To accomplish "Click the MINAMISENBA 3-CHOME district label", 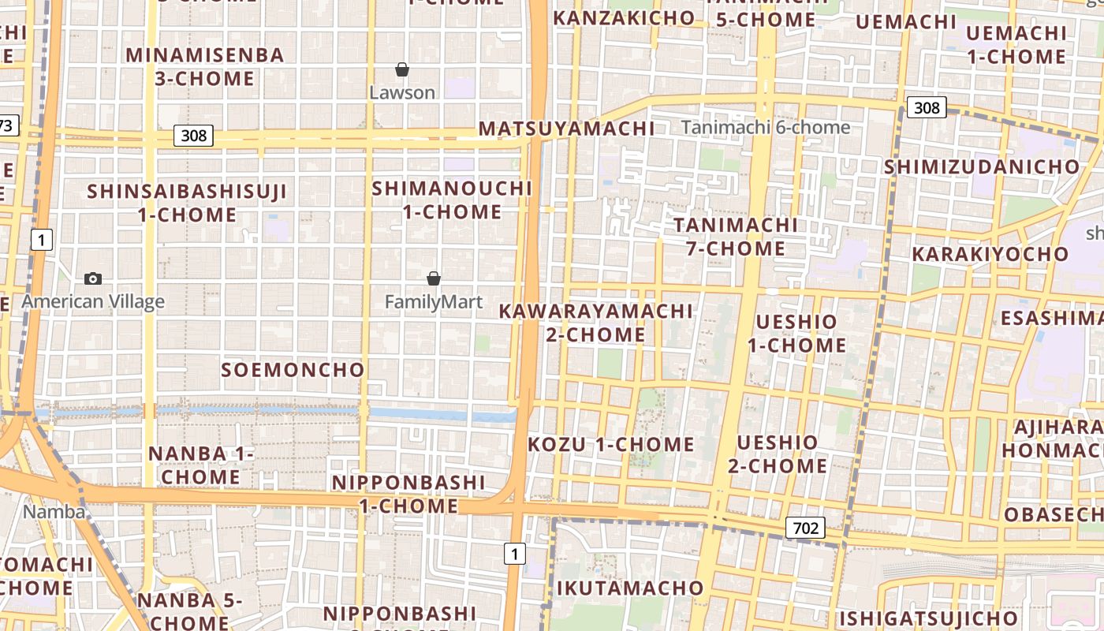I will [x=204, y=66].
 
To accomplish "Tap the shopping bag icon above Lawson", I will [x=402, y=69].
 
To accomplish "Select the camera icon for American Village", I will [x=93, y=278].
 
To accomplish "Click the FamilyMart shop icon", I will [x=434, y=278].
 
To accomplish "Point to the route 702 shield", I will [x=805, y=528].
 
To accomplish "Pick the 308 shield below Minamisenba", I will [x=193, y=136].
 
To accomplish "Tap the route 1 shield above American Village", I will [x=42, y=240].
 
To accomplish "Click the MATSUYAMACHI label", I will [x=566, y=129].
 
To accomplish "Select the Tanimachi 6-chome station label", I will [x=766, y=127].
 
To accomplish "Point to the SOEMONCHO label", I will [x=293, y=369].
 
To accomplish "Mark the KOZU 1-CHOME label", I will [x=611, y=444].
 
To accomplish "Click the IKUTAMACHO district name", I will [x=630, y=588].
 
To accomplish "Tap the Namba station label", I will [x=54, y=512].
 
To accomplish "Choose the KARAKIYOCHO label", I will [x=990, y=254].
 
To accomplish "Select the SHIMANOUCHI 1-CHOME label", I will [x=452, y=200].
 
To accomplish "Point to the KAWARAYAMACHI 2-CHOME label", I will [x=595, y=322].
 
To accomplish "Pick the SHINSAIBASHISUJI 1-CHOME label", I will [x=187, y=203].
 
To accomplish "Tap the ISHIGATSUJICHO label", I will [x=928, y=618].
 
